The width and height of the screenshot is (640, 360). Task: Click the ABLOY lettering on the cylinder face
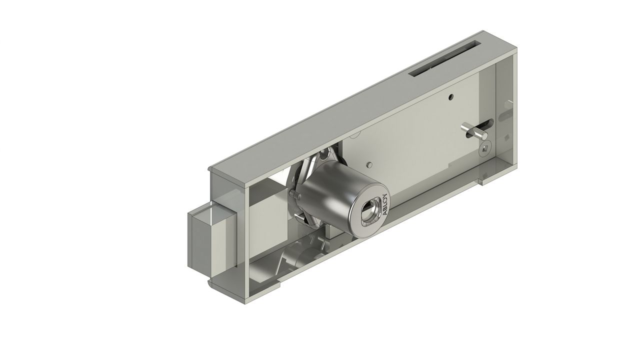384,204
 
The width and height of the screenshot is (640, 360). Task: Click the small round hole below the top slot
451,96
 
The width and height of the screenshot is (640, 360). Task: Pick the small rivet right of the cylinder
369,164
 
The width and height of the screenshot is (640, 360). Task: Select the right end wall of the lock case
505,115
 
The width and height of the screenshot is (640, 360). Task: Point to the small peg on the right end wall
509,103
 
